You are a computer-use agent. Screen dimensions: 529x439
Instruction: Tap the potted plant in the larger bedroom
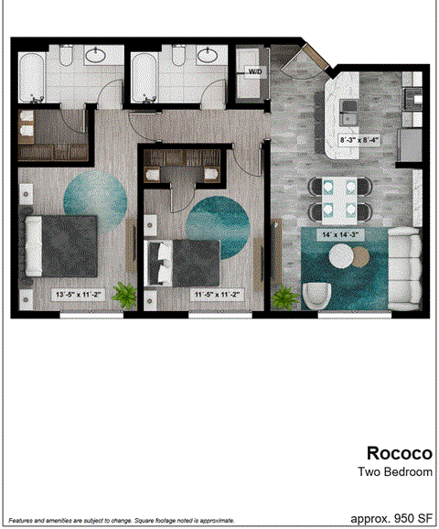coord(125,295)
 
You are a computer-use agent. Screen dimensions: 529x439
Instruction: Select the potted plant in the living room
coord(285,297)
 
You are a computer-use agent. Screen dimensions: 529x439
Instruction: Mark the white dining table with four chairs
coord(340,199)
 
